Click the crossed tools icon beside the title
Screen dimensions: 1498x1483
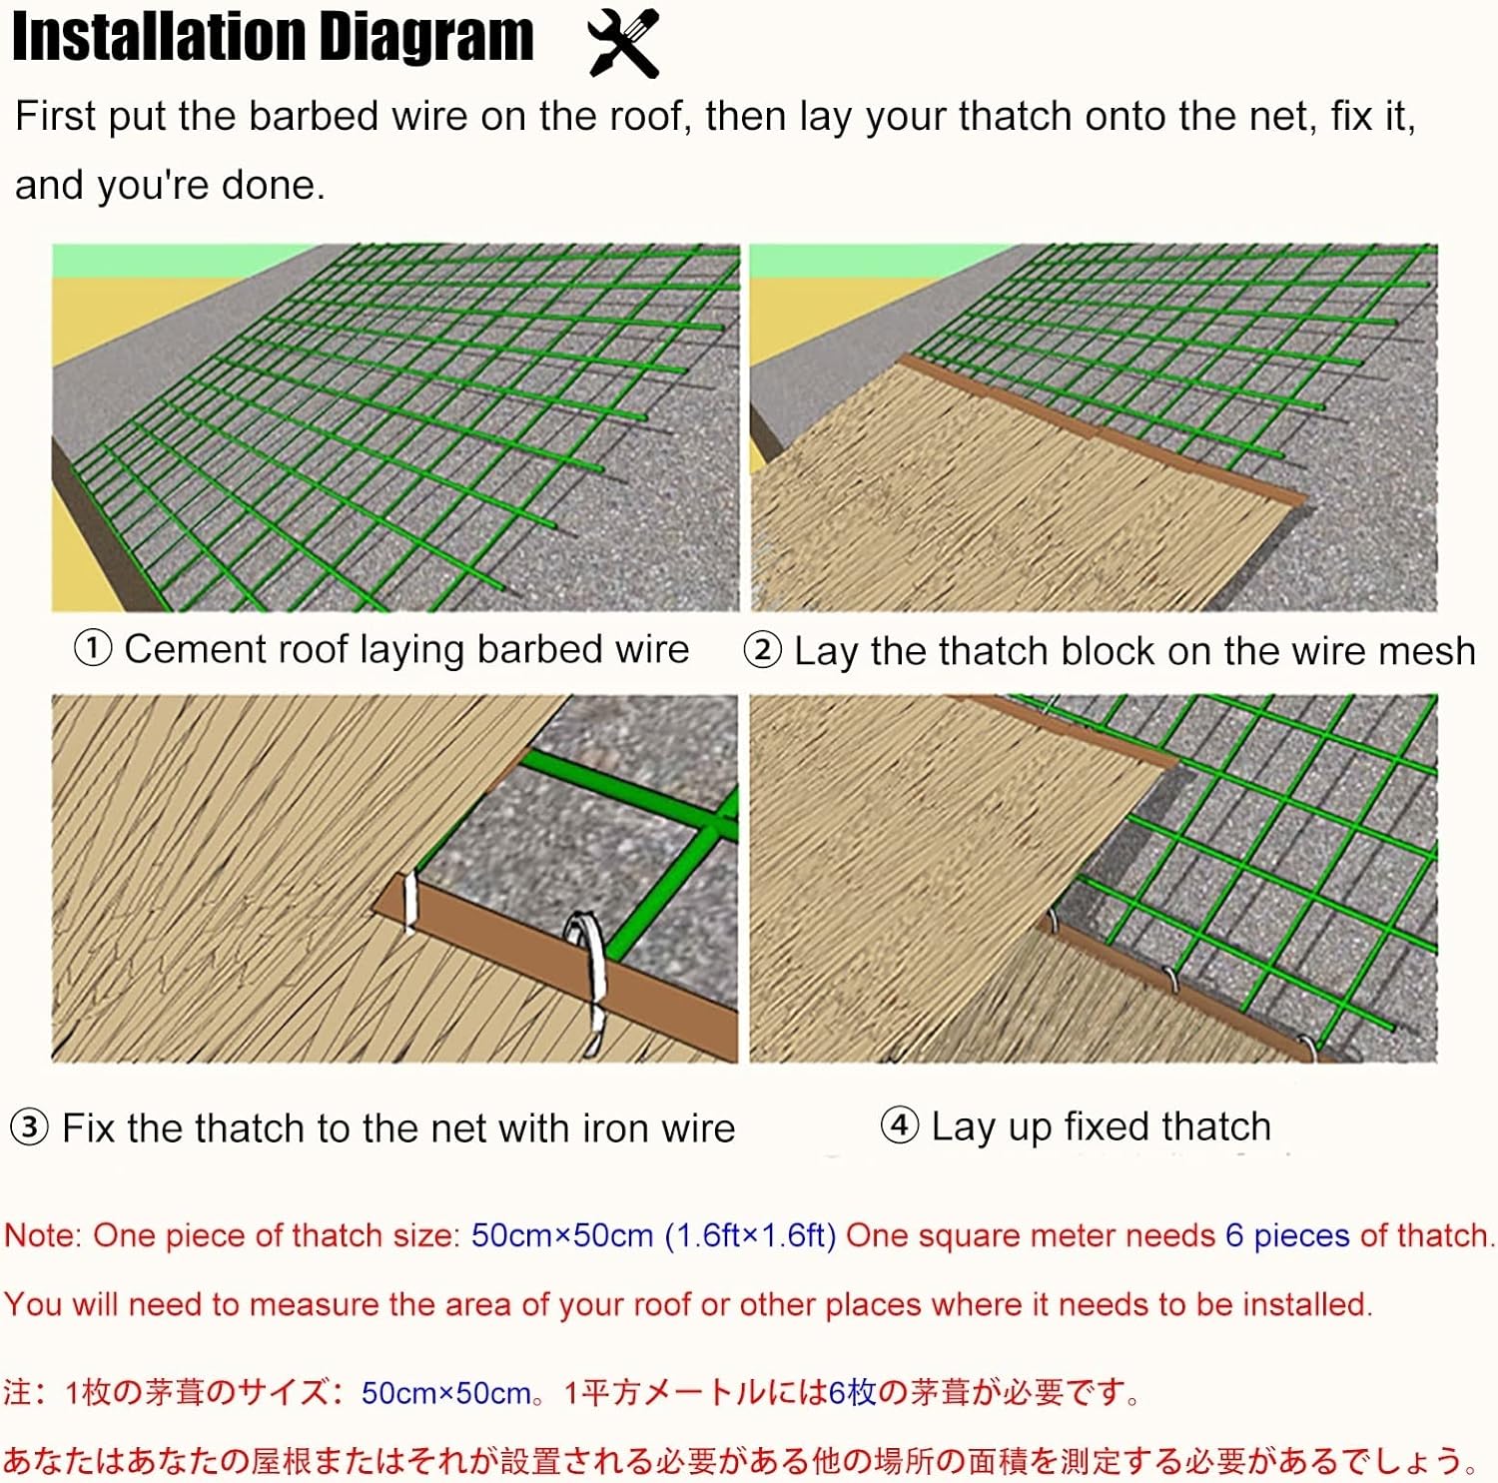(624, 43)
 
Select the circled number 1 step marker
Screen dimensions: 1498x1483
(93, 648)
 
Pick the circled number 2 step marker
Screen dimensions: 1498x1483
(762, 651)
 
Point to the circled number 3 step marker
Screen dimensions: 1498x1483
(29, 1128)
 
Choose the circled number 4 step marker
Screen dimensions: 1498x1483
(899, 1125)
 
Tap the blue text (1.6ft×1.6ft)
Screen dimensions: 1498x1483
(751, 1236)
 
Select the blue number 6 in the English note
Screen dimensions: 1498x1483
(1234, 1235)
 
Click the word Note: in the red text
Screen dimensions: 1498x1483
(44, 1235)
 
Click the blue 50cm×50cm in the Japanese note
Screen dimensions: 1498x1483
(446, 1393)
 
